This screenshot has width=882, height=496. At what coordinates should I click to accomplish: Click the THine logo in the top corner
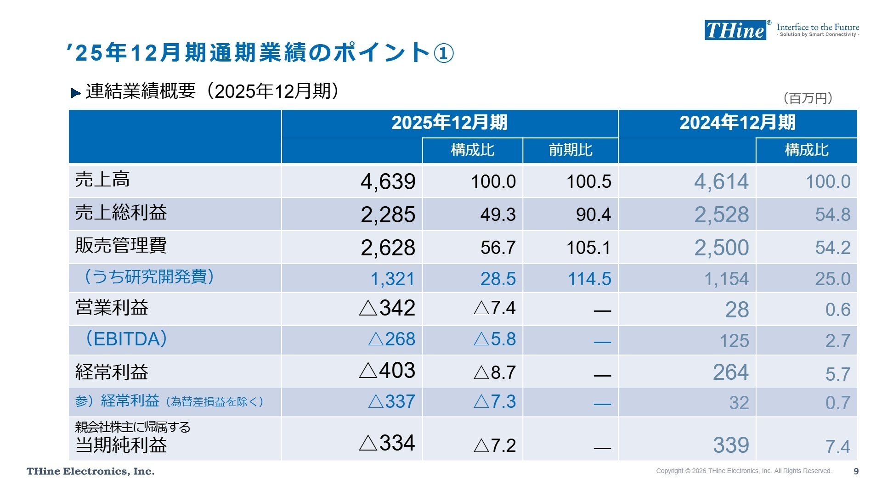(x=735, y=30)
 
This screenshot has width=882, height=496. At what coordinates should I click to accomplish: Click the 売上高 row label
(x=102, y=180)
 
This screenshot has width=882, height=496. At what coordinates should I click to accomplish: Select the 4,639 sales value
(x=388, y=182)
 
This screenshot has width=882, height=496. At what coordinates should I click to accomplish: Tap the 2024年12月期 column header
(x=737, y=123)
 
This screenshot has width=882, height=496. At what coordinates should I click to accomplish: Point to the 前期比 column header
(x=570, y=150)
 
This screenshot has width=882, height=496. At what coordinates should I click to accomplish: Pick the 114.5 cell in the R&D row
(x=589, y=279)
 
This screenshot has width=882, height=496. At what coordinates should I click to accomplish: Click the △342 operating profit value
(x=387, y=308)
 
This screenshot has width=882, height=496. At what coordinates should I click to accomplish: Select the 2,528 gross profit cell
(x=721, y=214)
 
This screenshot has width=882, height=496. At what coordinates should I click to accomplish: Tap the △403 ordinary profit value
(x=387, y=371)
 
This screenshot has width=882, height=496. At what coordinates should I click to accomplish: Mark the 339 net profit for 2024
(x=731, y=445)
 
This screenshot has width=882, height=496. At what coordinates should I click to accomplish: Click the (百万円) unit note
(x=808, y=98)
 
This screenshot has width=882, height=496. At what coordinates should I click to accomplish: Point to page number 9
(x=856, y=471)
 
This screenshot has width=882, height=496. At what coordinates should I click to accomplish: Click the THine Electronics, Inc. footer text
(x=90, y=472)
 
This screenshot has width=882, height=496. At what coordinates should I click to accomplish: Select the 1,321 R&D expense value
(x=392, y=279)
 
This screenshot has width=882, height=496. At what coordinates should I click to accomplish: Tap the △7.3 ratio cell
(x=495, y=402)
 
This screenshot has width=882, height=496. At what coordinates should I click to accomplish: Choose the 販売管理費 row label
(x=121, y=246)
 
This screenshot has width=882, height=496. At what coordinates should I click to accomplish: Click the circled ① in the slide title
(x=443, y=53)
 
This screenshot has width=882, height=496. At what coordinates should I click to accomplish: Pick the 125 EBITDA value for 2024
(x=734, y=341)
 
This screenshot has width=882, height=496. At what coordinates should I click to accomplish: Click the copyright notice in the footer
(x=743, y=471)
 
